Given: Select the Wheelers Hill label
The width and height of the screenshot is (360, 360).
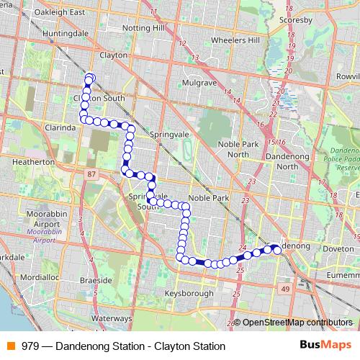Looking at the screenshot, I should coord(232,40).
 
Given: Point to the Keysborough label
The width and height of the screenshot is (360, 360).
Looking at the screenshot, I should coord(189,294).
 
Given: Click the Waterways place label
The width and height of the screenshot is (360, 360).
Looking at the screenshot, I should coord(112,318).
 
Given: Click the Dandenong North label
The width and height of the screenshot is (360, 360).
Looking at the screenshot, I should coord(276,161).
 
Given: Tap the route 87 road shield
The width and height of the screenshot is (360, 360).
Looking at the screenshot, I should coord(90,174).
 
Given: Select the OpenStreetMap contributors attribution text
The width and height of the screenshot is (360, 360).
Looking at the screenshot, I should coord(297,323).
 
